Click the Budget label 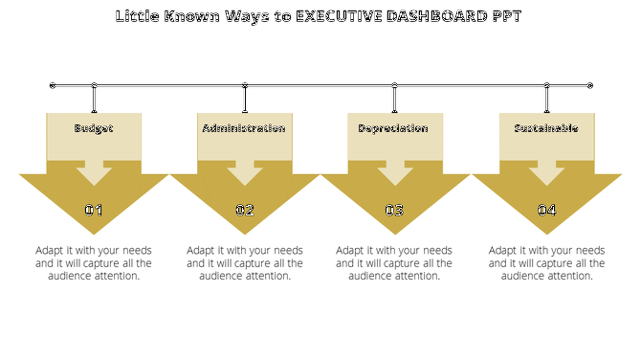tap(94, 128)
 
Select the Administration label tap(244, 128)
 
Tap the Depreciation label tap(393, 128)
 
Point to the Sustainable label tap(546, 128)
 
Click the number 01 tap(94, 211)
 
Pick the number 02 tap(245, 211)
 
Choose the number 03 tap(394, 211)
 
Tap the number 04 tap(546, 211)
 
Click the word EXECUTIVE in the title tap(346, 17)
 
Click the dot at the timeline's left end tap(53, 85)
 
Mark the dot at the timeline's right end tap(589, 85)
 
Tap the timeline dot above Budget tap(94, 85)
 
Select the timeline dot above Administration tap(245, 85)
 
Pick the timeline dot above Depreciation tap(394, 85)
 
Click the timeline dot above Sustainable tap(546, 85)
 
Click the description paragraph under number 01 tap(94, 262)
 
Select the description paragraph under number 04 tap(546, 262)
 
